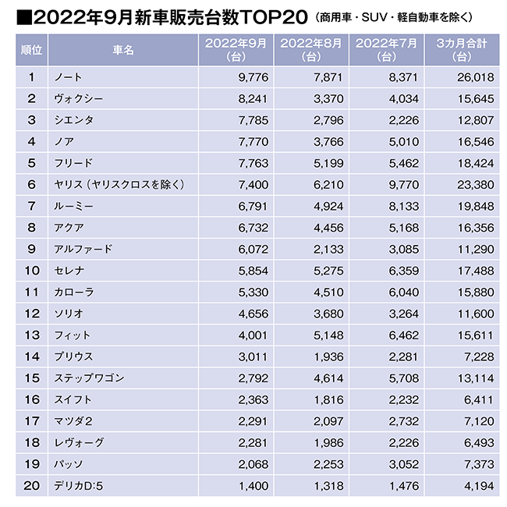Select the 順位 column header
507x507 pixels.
point(32,50)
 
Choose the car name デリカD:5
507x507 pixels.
point(77,486)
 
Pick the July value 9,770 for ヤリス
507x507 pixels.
point(399,185)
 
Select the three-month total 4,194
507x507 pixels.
point(476,486)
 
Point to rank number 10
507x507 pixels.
point(32,271)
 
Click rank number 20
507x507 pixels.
point(32,486)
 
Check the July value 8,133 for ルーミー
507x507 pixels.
point(399,207)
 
